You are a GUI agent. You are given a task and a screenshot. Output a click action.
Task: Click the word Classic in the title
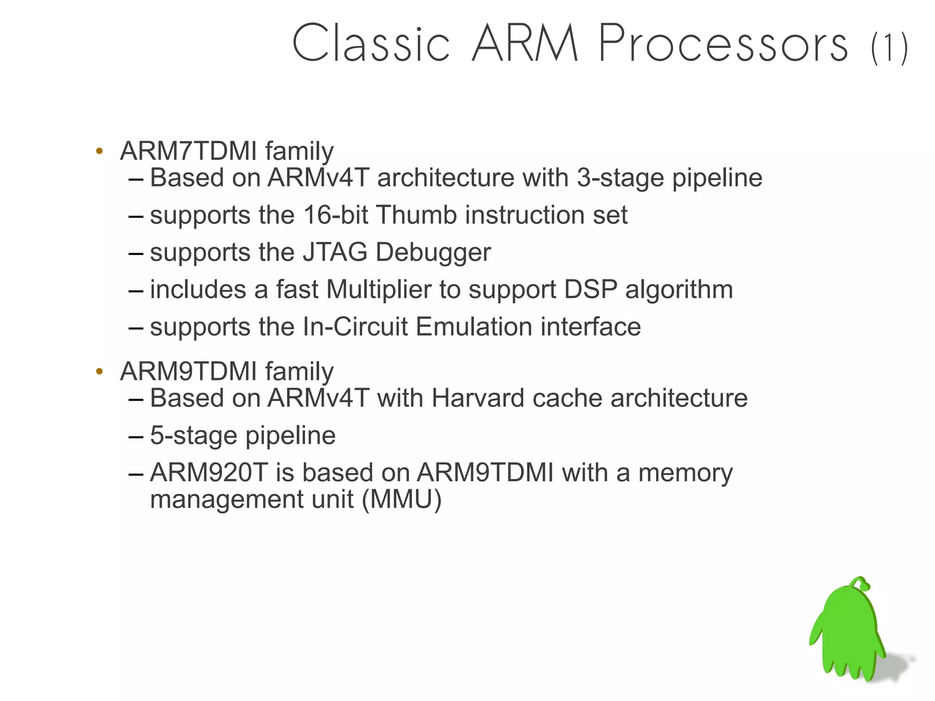(x=371, y=43)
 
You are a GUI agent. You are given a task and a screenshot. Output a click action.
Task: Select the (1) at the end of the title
(x=889, y=48)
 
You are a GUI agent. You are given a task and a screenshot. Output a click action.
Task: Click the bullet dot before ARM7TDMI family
(x=100, y=151)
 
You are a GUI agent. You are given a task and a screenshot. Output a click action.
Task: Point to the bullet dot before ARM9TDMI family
(x=100, y=371)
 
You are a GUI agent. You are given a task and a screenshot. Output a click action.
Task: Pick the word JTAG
(x=335, y=252)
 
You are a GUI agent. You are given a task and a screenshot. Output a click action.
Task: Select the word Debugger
(x=433, y=253)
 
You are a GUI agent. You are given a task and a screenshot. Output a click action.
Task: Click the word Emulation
(x=474, y=327)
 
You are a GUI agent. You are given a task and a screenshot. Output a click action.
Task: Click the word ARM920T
(x=208, y=473)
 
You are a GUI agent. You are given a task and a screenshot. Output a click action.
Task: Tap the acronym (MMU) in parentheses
(x=402, y=499)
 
